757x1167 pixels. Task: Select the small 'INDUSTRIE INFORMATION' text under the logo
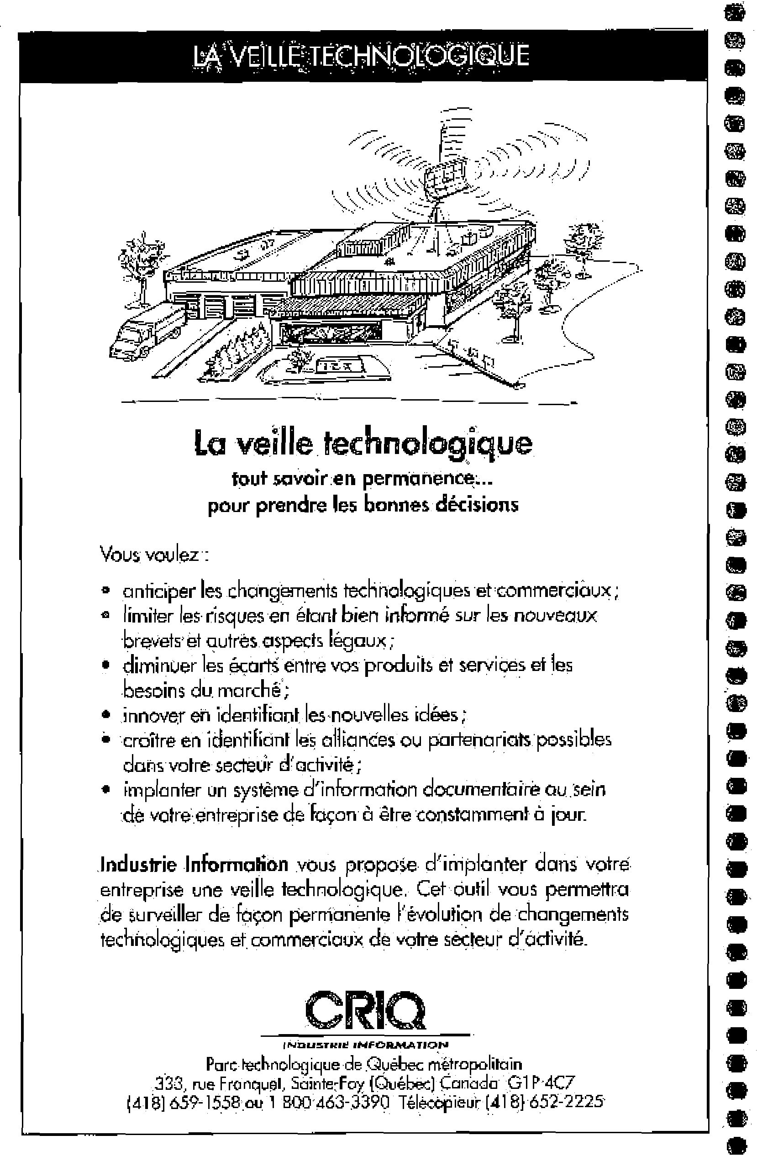pyautogui.click(x=365, y=1045)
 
